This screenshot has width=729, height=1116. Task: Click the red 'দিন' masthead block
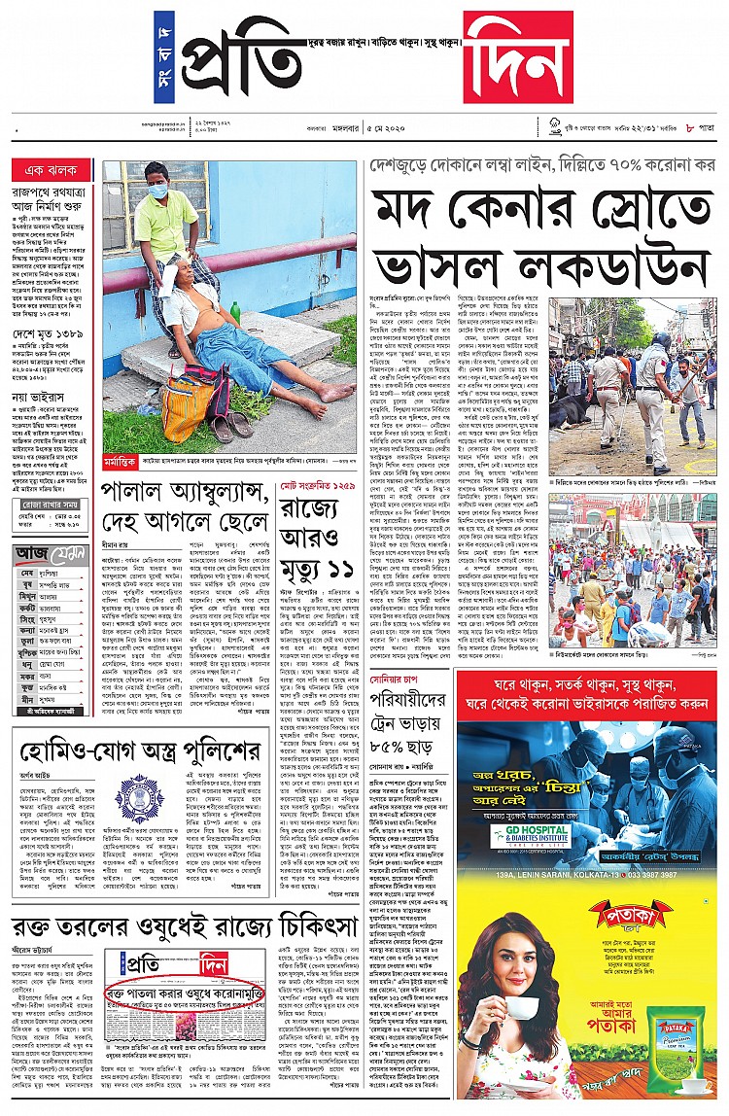(518, 57)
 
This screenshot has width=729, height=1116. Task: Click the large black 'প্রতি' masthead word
(243, 58)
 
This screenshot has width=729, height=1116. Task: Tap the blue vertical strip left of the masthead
(163, 58)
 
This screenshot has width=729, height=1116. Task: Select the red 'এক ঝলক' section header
(52, 171)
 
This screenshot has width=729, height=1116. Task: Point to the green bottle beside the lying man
(235, 312)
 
